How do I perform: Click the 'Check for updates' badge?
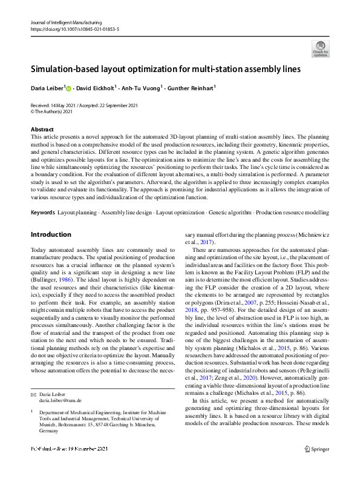[x=319, y=48]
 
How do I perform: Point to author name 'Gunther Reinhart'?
[x=192, y=88]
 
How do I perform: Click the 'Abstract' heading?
[x=41, y=130]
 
